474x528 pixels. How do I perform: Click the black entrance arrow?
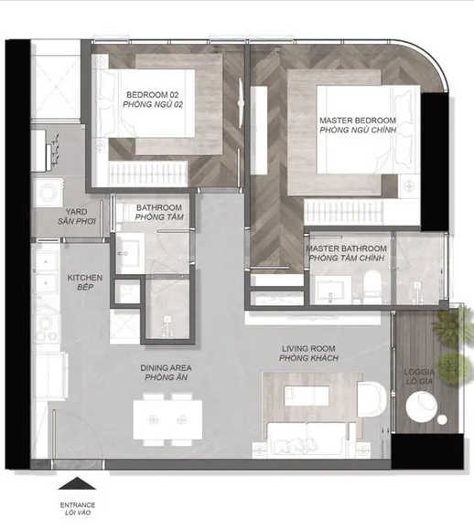(77, 483)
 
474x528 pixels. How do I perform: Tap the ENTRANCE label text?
(78, 505)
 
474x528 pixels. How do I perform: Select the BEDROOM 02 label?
(153, 95)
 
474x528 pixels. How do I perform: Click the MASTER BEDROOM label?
(358, 121)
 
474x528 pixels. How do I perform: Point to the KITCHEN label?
(85, 278)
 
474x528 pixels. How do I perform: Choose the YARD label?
(76, 212)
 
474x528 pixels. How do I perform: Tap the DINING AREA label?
(166, 368)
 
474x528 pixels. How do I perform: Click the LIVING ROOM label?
(308, 349)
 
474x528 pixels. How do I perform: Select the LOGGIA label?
(419, 372)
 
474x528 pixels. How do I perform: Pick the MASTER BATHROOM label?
(346, 248)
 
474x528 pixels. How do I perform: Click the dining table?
(167, 419)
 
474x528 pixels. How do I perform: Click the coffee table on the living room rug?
(307, 396)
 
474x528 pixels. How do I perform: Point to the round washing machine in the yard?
(48, 193)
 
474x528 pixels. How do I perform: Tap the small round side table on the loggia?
(442, 419)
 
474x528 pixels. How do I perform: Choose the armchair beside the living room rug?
(372, 400)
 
